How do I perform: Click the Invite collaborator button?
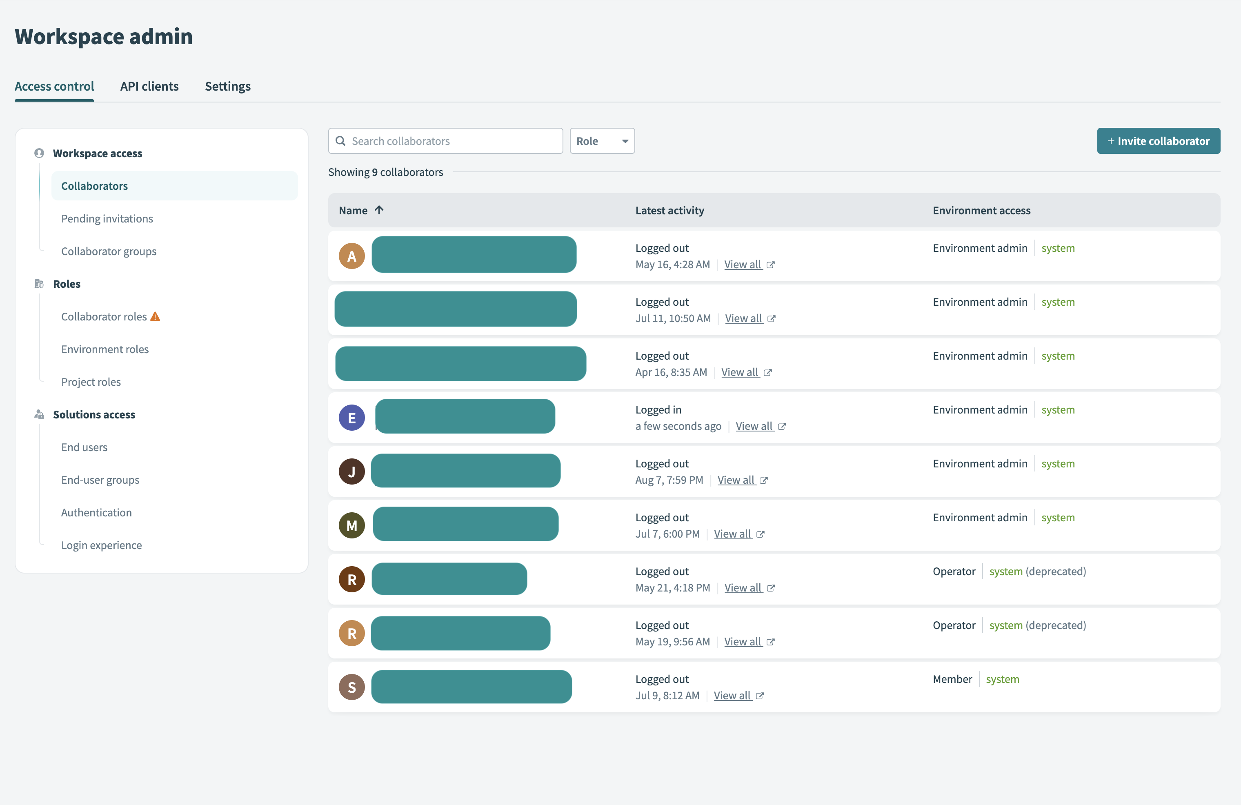tap(1158, 141)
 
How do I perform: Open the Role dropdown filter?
tap(602, 141)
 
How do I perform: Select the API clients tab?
tap(149, 86)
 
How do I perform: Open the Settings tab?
tap(227, 86)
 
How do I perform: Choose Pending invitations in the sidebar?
tap(107, 218)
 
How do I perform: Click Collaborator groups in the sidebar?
tap(109, 251)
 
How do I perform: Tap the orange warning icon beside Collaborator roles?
tap(156, 316)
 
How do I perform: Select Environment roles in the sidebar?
tap(105, 349)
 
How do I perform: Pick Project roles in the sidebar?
tap(91, 382)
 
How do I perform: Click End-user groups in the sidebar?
tap(100, 480)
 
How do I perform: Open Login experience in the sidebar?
tap(101, 545)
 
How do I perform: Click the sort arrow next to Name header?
tap(379, 210)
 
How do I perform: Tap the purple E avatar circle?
tap(351, 418)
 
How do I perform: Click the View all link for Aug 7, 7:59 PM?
tap(736, 480)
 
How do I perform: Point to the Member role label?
tap(952, 679)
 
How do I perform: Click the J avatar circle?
tap(351, 471)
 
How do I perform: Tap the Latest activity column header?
tap(669, 210)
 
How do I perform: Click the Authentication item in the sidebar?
tap(96, 512)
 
